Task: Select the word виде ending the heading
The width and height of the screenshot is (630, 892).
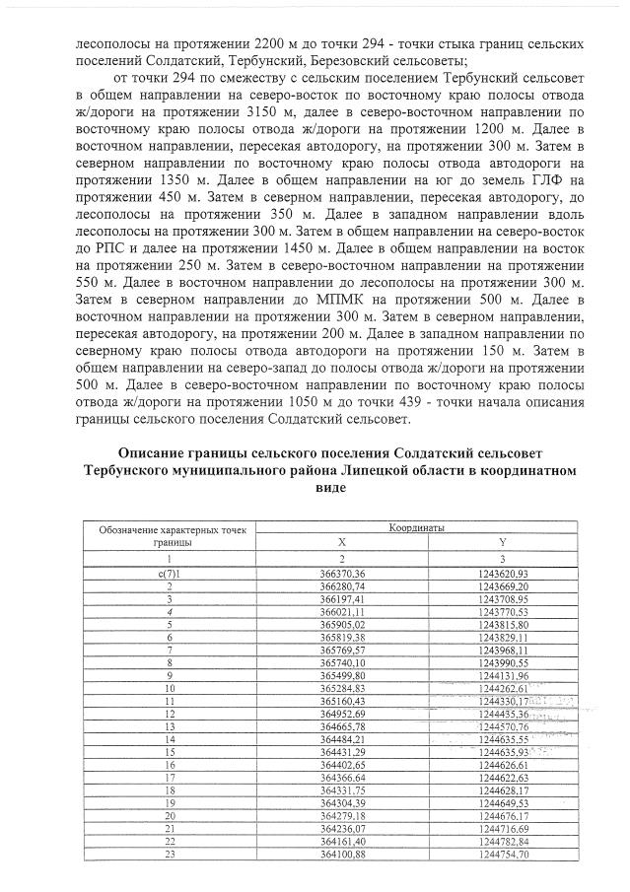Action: click(x=330, y=488)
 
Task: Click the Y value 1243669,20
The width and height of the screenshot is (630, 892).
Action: click(x=502, y=585)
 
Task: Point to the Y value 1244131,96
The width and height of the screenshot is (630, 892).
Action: click(x=502, y=675)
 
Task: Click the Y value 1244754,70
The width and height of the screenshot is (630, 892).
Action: click(x=502, y=854)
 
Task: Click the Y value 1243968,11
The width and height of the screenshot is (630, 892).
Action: click(x=502, y=650)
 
